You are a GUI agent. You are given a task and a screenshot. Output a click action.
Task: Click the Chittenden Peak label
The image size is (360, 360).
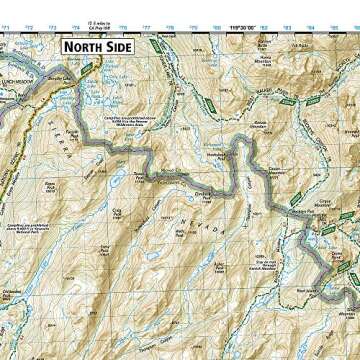coord(22,292)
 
